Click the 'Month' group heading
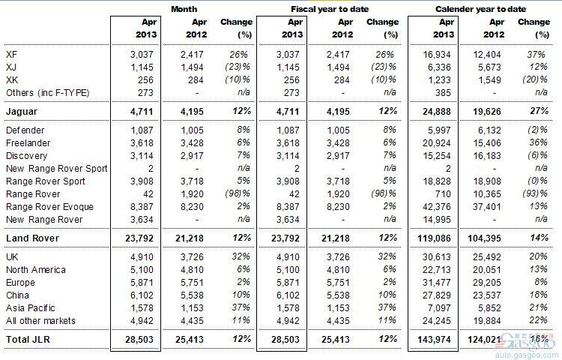pos(184,9)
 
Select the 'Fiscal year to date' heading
pos(330,9)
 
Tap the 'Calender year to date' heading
pos(480,9)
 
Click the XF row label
pos(11,55)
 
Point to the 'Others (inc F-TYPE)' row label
pos(48,93)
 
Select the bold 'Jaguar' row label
pos(22,112)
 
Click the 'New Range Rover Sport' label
pos(57,169)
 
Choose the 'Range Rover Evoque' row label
pos(49,207)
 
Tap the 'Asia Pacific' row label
pos(31,308)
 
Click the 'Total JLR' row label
pos(28,340)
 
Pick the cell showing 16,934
pos(437,55)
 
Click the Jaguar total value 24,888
pos(437,112)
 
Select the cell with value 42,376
pos(437,207)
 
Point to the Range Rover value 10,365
pos(487,194)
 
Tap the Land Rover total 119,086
pos(434,238)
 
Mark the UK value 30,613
pos(437,257)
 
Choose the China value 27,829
pos(437,295)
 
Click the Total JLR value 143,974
pos(434,340)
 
